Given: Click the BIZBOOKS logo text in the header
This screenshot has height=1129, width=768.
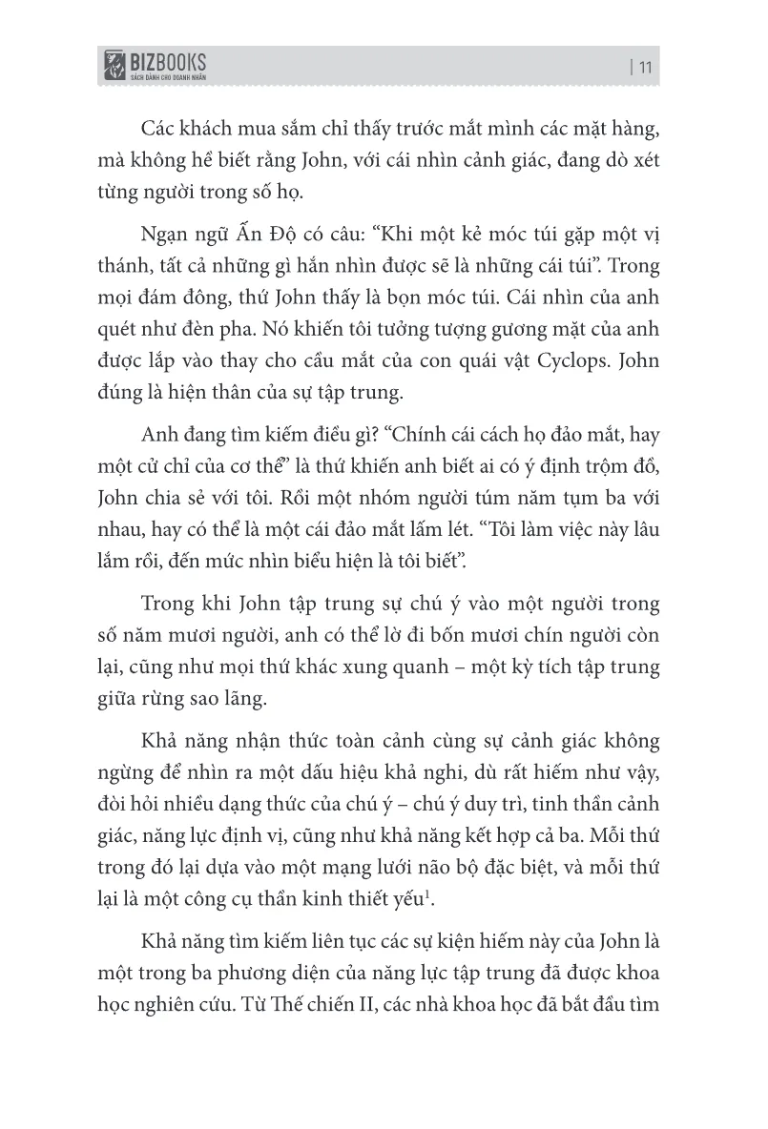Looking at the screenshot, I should point(169,64).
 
